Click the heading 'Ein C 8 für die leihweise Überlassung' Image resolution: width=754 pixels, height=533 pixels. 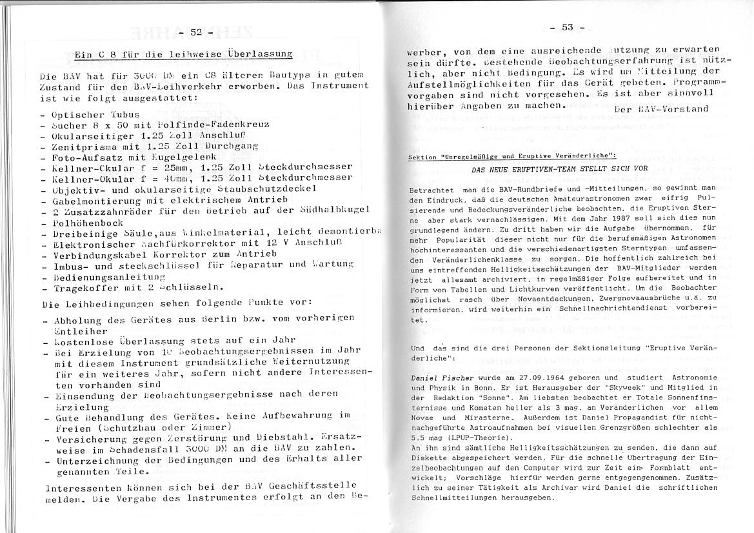tap(183, 54)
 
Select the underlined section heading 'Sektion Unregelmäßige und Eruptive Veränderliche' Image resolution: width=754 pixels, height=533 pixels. tap(513, 156)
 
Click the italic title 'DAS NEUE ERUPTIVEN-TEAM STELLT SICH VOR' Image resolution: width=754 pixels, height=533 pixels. tap(559, 168)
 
